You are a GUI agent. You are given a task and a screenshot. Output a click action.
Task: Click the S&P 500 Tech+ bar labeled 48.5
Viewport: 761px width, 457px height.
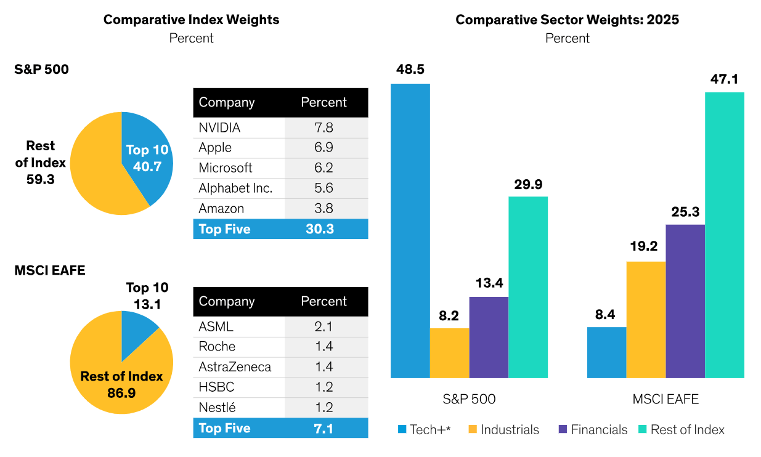(410, 231)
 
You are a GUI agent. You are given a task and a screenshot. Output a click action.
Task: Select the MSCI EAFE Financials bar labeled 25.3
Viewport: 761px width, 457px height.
(685, 301)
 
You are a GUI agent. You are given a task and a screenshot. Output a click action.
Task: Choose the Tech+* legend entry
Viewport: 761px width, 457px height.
(425, 430)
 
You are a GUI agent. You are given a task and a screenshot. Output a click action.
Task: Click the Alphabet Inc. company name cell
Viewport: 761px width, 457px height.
(235, 188)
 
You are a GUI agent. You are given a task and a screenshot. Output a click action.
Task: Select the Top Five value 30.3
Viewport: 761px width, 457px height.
(320, 229)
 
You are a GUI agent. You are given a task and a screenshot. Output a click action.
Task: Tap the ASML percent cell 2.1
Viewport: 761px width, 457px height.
(324, 327)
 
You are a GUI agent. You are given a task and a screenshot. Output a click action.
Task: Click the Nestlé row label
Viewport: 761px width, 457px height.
(217, 408)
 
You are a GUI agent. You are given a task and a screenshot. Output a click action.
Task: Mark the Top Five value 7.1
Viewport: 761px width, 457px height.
(320, 428)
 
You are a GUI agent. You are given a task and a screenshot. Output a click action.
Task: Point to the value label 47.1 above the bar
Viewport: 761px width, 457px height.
(724, 79)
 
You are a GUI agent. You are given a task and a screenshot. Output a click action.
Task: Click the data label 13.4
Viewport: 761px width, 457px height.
(489, 284)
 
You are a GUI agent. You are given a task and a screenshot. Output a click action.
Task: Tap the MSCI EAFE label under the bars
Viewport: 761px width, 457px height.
(665, 399)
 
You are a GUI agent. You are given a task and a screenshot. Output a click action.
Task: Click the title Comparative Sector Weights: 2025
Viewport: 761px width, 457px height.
(567, 20)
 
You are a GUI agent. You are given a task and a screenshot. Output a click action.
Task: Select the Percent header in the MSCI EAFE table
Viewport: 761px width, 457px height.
(324, 302)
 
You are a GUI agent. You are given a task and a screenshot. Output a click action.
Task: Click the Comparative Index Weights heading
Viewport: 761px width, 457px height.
(191, 20)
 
